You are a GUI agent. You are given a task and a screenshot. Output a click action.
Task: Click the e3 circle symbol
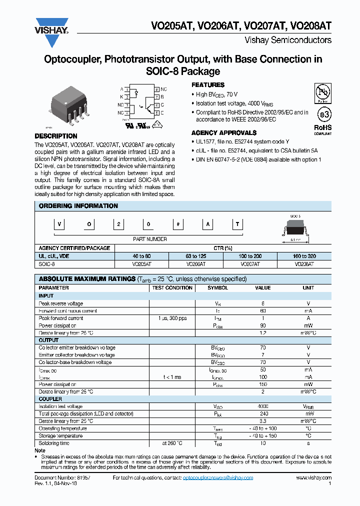coord(324,115)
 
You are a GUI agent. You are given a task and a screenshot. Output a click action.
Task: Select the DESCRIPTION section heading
coord(56,136)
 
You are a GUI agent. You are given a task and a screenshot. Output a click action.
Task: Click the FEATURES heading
coord(208,85)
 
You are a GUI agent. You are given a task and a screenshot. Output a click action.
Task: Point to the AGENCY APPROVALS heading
coord(224,133)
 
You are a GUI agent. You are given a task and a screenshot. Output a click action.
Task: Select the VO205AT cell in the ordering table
coord(142,263)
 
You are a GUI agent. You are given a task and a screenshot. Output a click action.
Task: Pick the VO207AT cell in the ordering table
coord(250,263)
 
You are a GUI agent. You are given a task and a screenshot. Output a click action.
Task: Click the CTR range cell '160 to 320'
coord(304,256)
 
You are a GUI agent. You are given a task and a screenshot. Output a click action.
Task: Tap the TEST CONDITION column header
coord(172,288)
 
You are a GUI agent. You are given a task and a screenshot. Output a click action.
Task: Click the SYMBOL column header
coord(217,288)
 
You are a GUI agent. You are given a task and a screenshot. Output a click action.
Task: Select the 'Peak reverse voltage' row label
coord(61,303)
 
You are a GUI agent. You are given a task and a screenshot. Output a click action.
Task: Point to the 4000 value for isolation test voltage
coord(262,406)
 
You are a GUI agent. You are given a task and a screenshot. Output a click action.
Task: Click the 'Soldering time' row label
coord(54,443)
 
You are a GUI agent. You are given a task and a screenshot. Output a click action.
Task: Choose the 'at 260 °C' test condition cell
coord(172,443)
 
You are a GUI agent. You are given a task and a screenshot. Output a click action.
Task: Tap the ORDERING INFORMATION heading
coord(78,206)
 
